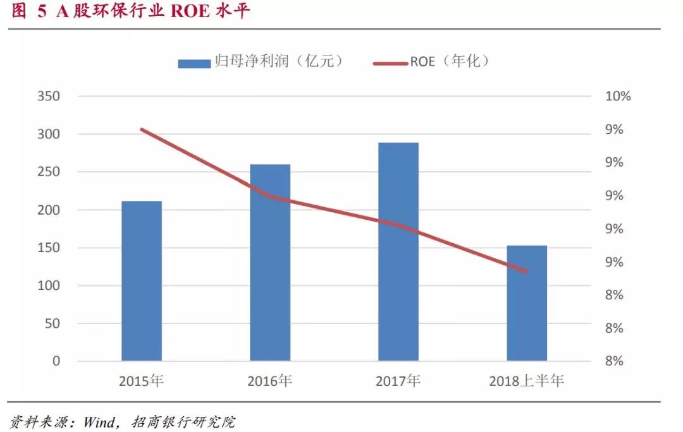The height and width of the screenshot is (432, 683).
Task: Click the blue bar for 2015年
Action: tap(142, 281)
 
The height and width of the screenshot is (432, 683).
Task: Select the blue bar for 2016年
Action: tap(270, 263)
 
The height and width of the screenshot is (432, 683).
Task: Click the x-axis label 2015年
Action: tap(142, 381)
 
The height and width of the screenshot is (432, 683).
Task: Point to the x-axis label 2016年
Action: tap(270, 381)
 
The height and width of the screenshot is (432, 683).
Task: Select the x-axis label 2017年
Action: tap(398, 381)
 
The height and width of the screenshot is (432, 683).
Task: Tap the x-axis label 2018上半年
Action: tap(527, 381)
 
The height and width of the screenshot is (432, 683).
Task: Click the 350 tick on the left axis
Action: tap(48, 97)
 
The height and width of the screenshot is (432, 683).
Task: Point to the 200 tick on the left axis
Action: tap(48, 210)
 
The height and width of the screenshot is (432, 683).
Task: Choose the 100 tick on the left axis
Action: tap(48, 286)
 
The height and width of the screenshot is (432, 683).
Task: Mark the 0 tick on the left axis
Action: tap(56, 361)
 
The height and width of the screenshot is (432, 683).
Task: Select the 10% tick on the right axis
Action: tap(618, 97)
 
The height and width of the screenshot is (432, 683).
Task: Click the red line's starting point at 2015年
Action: tap(142, 129)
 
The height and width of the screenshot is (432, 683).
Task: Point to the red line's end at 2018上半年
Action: tap(527, 272)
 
